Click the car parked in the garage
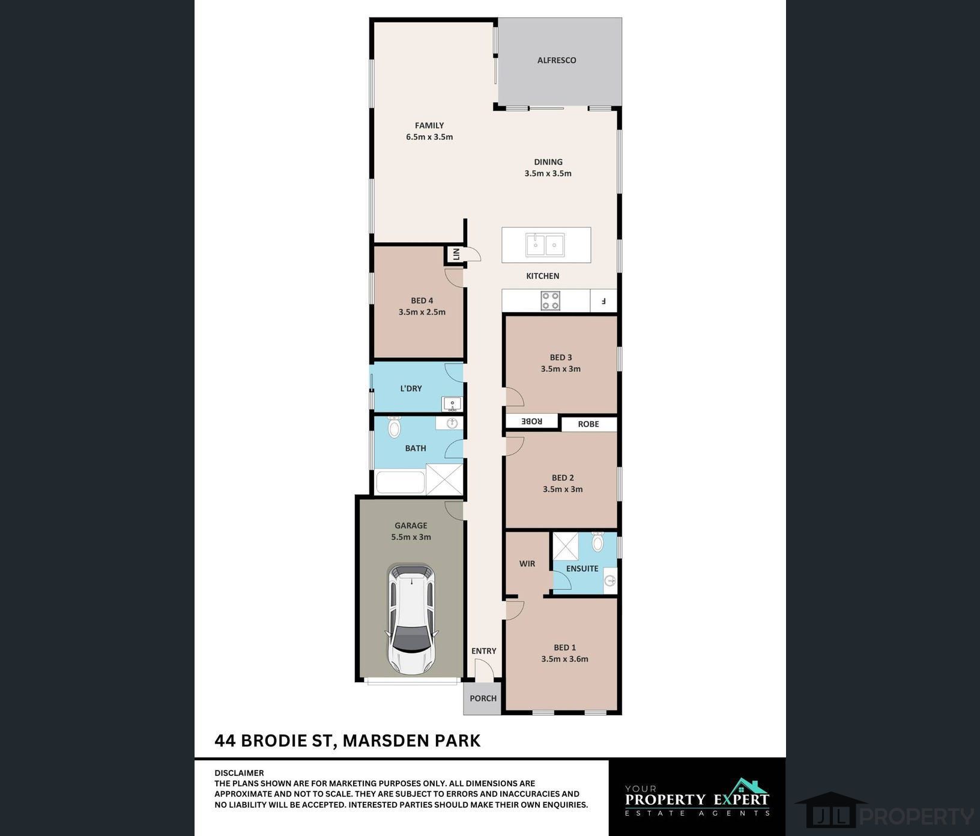tap(412, 619)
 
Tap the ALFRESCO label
tap(557, 60)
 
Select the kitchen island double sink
tap(545, 244)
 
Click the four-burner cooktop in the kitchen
tap(551, 301)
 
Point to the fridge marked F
tap(604, 301)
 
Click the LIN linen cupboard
tap(456, 255)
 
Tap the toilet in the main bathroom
tap(394, 427)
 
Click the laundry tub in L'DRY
tap(452, 404)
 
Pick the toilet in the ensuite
tap(597, 542)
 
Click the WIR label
tap(527, 564)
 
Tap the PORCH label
tap(483, 698)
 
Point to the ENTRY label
tap(484, 651)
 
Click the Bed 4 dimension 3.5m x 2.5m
tap(422, 312)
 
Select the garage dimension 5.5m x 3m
tap(411, 538)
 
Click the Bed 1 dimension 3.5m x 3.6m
tap(564, 659)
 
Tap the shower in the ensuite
tap(565, 546)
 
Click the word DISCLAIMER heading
tap(239, 773)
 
